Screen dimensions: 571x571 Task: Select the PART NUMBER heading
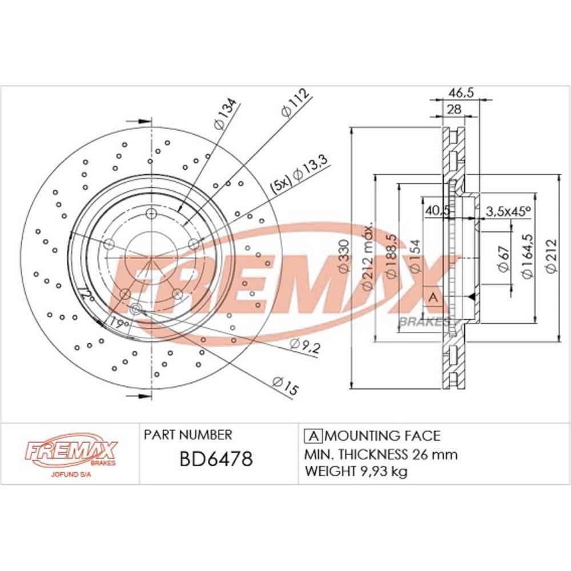188,435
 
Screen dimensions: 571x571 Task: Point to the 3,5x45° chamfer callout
508,211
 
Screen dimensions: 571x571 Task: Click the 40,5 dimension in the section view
435,211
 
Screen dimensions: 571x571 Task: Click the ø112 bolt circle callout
294,103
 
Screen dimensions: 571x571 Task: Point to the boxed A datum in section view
432,296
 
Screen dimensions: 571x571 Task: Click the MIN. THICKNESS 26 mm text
381,455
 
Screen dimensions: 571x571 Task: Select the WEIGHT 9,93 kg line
356,472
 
